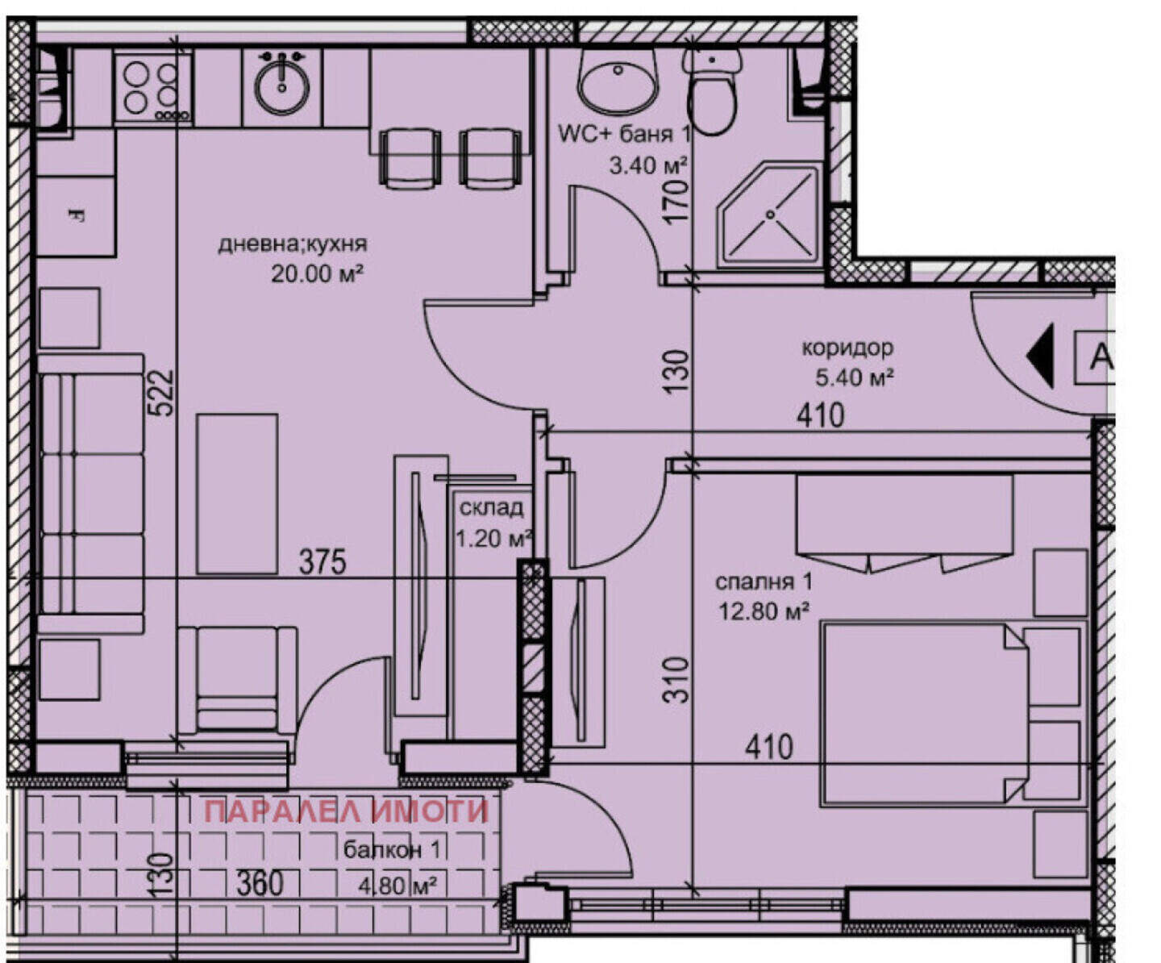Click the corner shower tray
coord(770,215)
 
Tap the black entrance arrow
coord(1041,356)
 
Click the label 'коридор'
coord(847,348)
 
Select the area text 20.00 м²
coord(317,273)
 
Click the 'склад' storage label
coord(492,507)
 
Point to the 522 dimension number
coord(164,393)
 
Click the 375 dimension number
coord(322,562)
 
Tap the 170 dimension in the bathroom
coord(678,200)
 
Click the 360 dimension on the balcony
coord(260,883)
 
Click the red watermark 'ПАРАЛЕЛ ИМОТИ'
coord(346,811)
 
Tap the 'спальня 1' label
coord(764,582)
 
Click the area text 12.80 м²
coord(764,612)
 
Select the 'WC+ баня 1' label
coord(624,134)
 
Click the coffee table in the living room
coord(237,493)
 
